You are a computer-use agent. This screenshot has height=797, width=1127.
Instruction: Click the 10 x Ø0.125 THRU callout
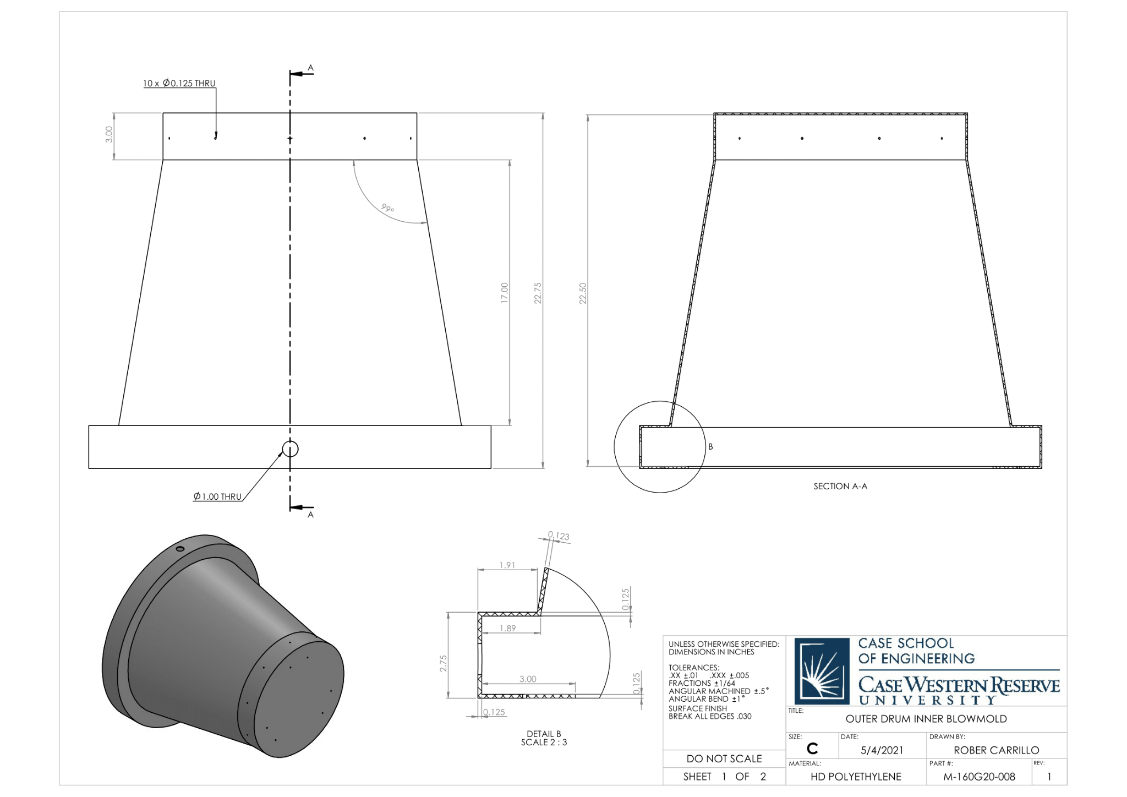179,84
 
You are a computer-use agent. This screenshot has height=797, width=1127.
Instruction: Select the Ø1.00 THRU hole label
217,496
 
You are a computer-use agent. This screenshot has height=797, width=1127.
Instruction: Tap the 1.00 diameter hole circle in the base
290,449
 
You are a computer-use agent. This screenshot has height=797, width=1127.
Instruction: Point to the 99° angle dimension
387,208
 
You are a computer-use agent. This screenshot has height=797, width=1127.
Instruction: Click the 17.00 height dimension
505,293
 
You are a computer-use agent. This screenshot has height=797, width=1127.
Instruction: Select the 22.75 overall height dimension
538,293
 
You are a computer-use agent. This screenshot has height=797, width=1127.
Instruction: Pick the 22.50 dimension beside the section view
583,293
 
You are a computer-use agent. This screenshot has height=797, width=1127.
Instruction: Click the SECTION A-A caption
840,486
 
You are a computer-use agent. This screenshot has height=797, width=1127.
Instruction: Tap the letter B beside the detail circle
710,447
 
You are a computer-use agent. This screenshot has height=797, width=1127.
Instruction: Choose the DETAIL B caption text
544,734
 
